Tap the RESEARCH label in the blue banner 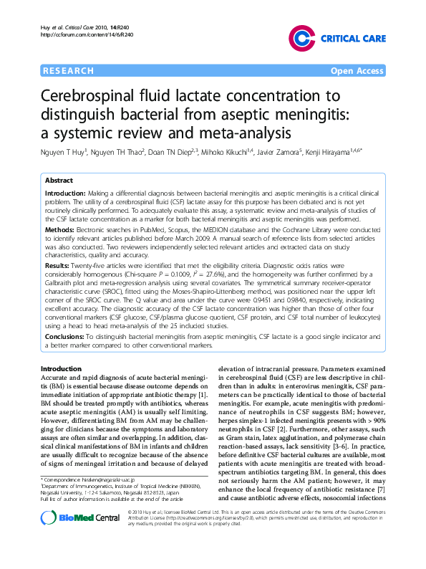(69, 71)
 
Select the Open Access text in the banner (357, 71)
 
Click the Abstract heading (59, 181)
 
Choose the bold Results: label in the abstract (59, 265)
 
